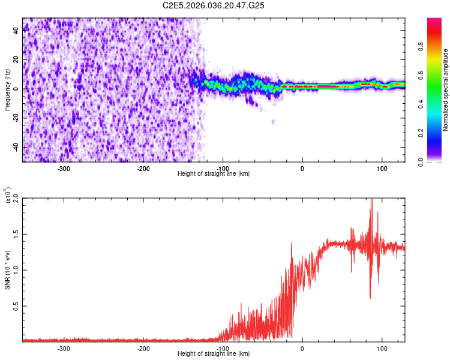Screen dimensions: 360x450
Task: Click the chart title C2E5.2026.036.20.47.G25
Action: (214, 5)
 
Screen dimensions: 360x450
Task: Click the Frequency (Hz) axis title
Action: (7, 90)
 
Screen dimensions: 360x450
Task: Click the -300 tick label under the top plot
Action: (64, 168)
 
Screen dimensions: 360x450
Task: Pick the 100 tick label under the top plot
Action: (382, 168)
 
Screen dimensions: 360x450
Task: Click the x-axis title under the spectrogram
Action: (214, 174)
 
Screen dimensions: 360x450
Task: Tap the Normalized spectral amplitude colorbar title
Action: (446, 90)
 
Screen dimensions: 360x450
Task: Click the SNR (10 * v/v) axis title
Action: (7, 270)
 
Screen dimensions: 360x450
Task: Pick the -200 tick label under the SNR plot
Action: (143, 348)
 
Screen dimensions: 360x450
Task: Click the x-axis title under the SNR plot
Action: (214, 354)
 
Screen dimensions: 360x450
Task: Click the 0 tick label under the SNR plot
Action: (302, 348)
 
